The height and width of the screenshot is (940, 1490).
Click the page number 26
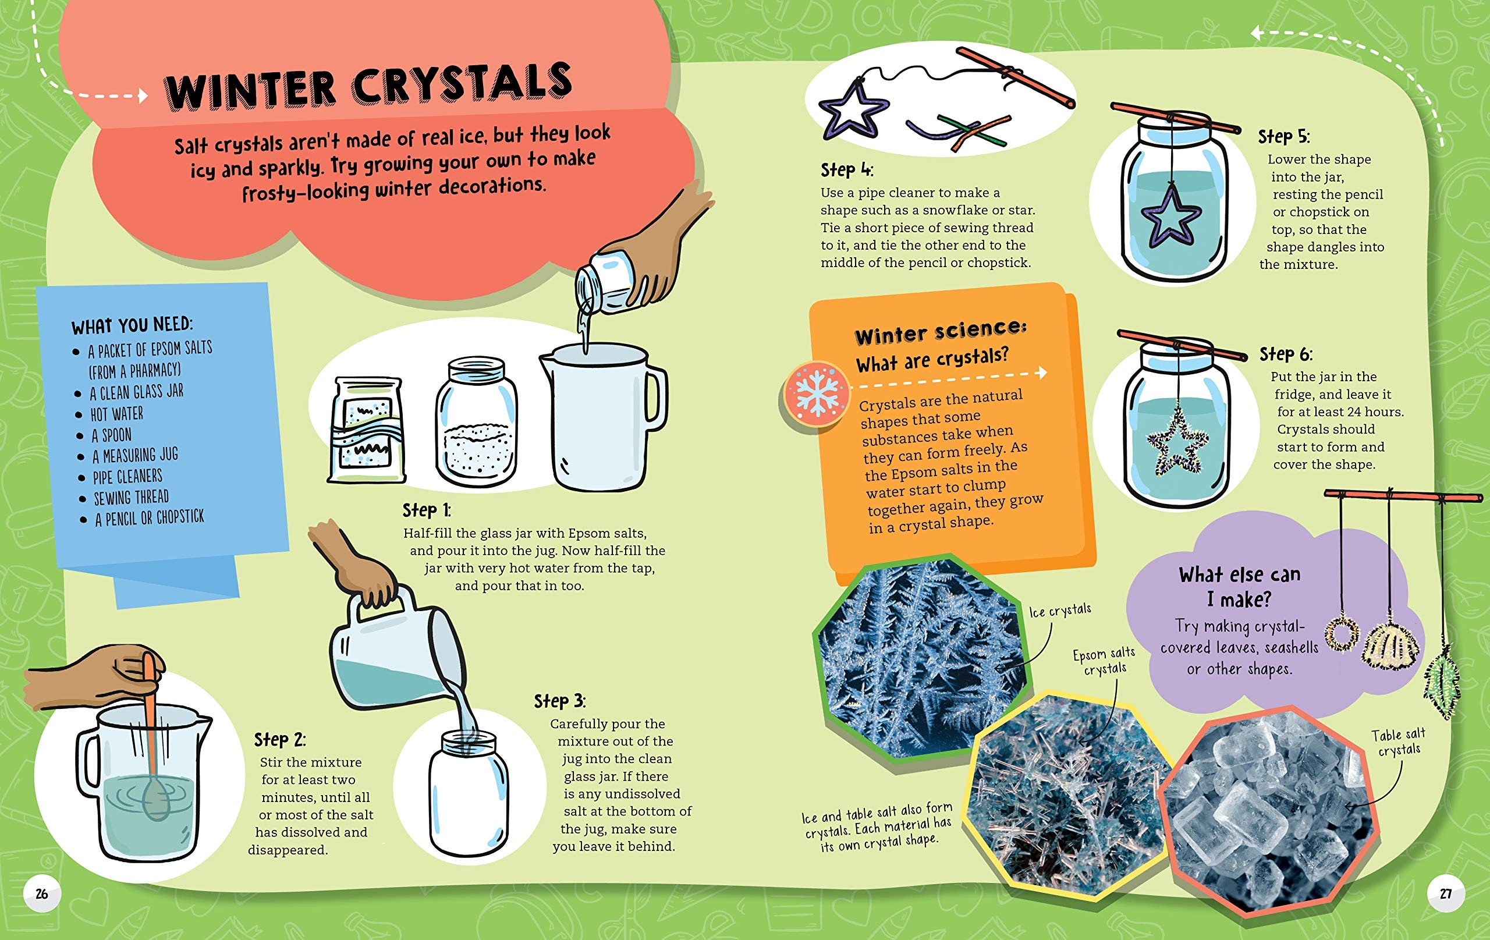41,893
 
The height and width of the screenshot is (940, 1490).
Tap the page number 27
1445,893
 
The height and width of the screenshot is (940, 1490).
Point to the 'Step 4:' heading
846,169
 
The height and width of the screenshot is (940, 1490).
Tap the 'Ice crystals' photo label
1059,610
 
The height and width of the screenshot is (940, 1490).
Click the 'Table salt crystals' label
1399,742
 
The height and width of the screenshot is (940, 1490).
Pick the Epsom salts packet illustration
367,430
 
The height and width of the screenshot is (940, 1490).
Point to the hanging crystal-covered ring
1342,633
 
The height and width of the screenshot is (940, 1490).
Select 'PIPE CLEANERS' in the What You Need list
127,477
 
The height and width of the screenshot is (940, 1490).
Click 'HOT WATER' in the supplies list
117,413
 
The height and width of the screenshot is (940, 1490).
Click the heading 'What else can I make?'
1239,587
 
